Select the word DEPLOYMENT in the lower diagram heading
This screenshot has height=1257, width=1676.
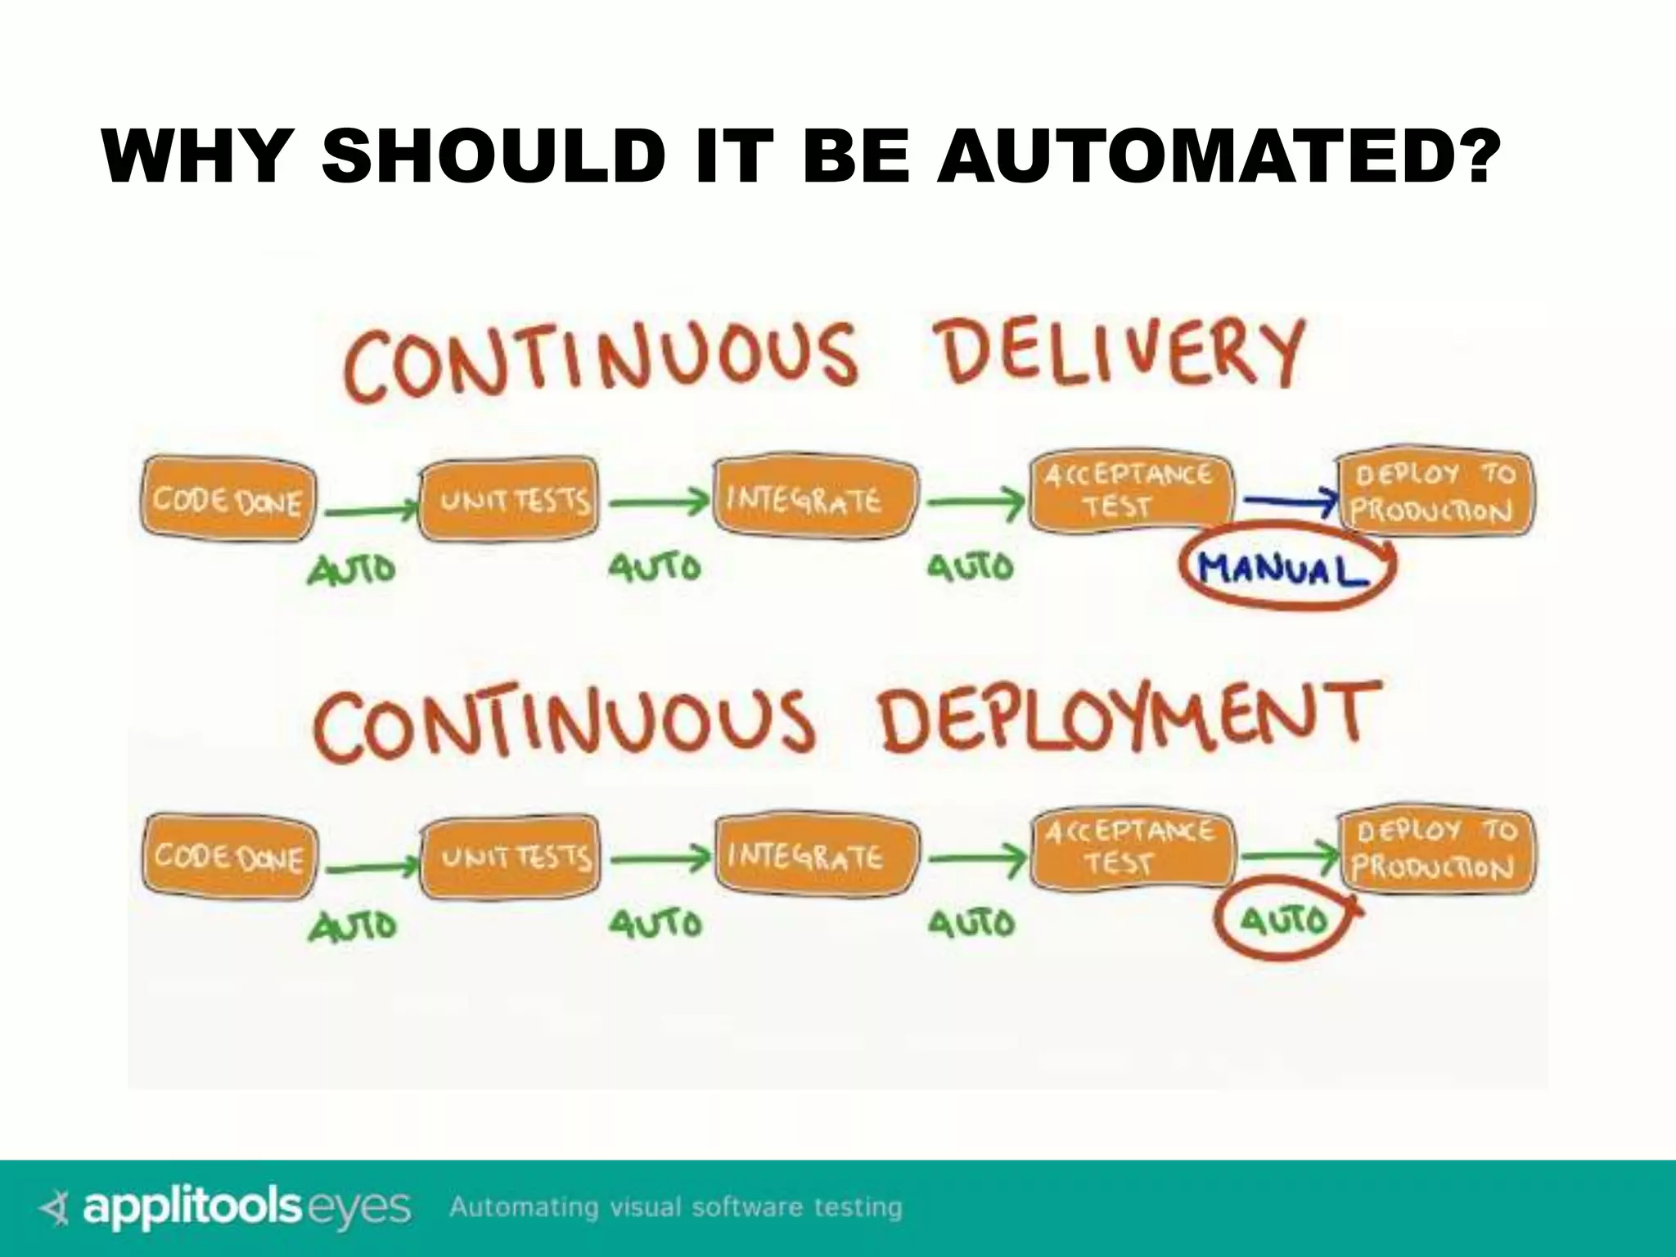pyautogui.click(x=1130, y=719)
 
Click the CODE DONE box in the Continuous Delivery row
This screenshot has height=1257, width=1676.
pyautogui.click(x=228, y=499)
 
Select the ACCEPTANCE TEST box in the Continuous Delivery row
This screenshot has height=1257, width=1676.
pyautogui.click(x=1129, y=491)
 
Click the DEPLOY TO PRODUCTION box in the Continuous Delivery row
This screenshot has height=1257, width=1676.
pyautogui.click(x=1435, y=493)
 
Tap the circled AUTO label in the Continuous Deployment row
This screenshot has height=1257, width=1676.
pyautogui.click(x=1282, y=921)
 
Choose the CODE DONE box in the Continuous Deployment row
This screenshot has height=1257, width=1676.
pyautogui.click(x=229, y=857)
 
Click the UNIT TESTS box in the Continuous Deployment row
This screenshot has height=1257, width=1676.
pyautogui.click(x=511, y=857)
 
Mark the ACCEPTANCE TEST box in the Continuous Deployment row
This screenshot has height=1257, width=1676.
pyautogui.click(x=1131, y=848)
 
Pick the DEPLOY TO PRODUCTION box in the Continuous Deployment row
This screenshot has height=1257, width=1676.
pyautogui.click(x=1436, y=850)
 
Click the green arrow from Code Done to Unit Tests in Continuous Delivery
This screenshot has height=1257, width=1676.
pyautogui.click(x=370, y=511)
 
